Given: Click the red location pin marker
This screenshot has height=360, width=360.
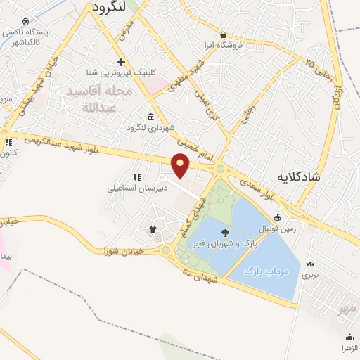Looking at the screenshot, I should pyautogui.click(x=181, y=165).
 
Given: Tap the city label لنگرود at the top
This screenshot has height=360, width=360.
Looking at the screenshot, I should pyautogui.click(x=108, y=7).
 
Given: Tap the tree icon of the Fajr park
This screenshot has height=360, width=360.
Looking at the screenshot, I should pyautogui.click(x=225, y=233).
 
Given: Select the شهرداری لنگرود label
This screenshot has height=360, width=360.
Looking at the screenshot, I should pyautogui.click(x=150, y=128).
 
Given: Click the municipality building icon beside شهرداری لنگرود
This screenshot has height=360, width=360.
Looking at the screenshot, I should pyautogui.click(x=150, y=117).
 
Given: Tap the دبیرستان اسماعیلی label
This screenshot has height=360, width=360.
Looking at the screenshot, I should pyautogui.click(x=130, y=188).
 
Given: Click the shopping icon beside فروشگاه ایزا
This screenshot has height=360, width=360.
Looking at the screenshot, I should pyautogui.click(x=223, y=35).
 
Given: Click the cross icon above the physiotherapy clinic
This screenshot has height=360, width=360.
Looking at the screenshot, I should pyautogui.click(x=122, y=62).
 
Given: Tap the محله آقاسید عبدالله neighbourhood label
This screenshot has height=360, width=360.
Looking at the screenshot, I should pyautogui.click(x=98, y=99).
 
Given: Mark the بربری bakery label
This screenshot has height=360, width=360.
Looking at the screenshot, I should pyautogui.click(x=310, y=275).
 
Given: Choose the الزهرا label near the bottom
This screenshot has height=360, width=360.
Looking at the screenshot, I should pyautogui.click(x=348, y=348).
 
